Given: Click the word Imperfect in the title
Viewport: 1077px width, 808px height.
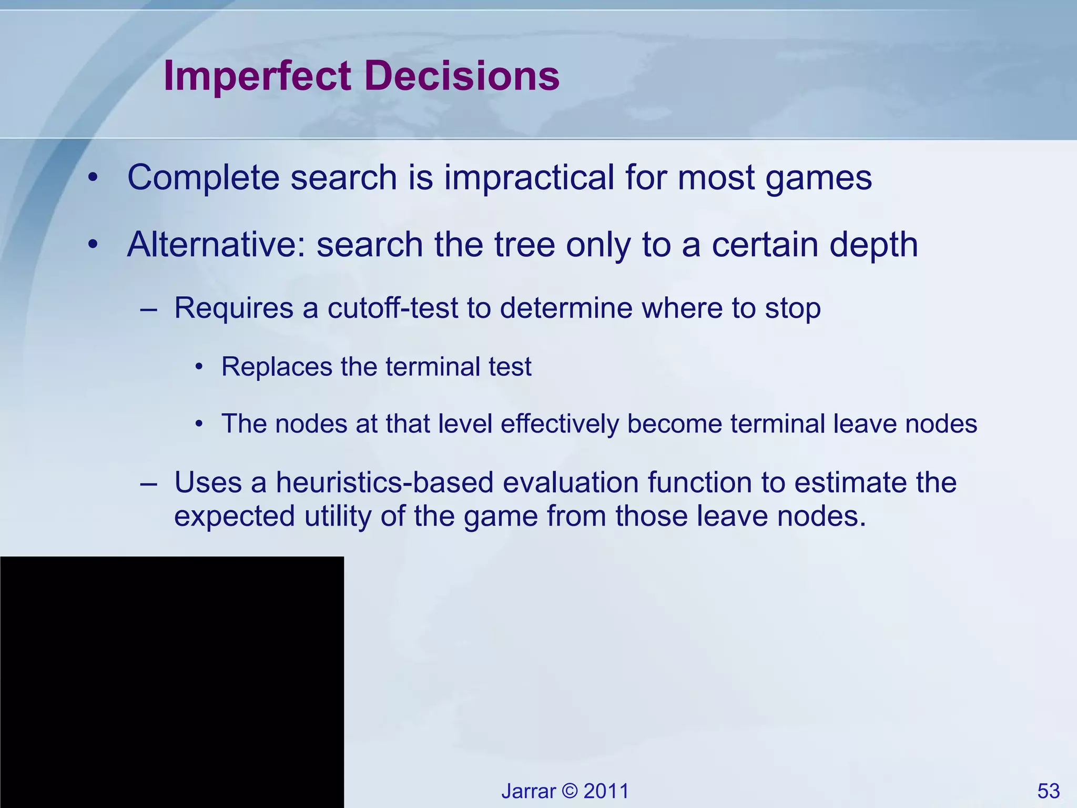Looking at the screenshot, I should [x=257, y=76].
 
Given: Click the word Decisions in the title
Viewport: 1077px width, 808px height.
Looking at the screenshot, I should [x=461, y=76].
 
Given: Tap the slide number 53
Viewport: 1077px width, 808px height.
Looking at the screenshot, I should [x=1048, y=791].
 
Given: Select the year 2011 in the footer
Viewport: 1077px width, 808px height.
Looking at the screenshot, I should [x=606, y=791].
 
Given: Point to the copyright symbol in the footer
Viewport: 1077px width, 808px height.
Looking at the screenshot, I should [x=570, y=791].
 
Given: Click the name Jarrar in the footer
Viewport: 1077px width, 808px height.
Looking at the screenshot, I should [x=528, y=791].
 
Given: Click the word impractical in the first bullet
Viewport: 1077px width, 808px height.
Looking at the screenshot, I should [x=529, y=177].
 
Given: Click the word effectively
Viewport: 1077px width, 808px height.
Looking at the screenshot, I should [x=560, y=423].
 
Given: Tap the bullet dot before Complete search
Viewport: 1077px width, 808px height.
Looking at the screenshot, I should [x=93, y=178].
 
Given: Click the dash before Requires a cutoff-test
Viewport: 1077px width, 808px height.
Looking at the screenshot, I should [x=149, y=309].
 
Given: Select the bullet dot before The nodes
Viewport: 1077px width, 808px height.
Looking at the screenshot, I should [x=199, y=424].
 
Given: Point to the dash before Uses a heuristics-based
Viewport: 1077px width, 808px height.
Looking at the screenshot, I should [x=149, y=483].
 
